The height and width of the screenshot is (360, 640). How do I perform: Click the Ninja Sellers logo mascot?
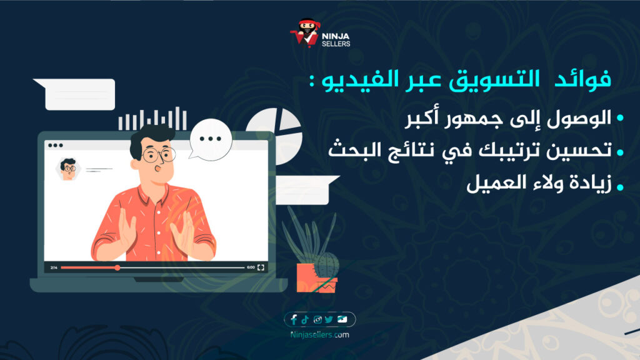pos(306,33)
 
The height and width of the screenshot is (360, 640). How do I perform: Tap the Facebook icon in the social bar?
pos(294,319)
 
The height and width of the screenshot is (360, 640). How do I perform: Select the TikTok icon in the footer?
pos(305,319)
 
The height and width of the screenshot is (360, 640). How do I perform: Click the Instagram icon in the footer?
pos(317,319)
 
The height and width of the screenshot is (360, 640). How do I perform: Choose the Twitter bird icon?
pos(329,319)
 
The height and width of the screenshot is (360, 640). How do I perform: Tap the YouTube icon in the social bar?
pos(342,319)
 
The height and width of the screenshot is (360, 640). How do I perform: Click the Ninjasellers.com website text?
pos(320,335)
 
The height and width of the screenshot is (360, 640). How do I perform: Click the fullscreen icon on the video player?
pos(261,267)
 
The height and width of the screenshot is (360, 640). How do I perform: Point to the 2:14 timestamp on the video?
pos(54,267)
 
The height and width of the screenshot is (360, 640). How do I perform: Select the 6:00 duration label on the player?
pos(251,267)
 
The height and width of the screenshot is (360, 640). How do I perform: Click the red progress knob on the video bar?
pos(117,267)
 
